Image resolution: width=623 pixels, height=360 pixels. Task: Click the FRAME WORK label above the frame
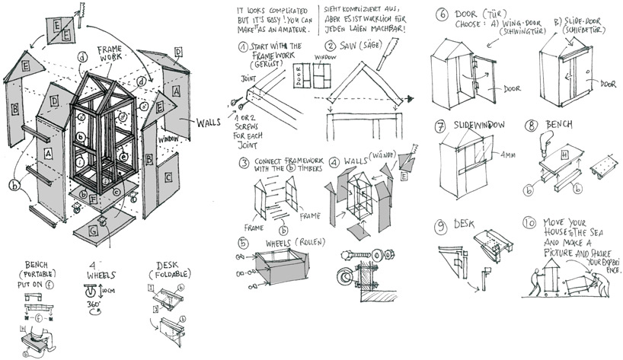coord(109,53)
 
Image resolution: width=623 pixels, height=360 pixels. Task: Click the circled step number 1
coord(243,46)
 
